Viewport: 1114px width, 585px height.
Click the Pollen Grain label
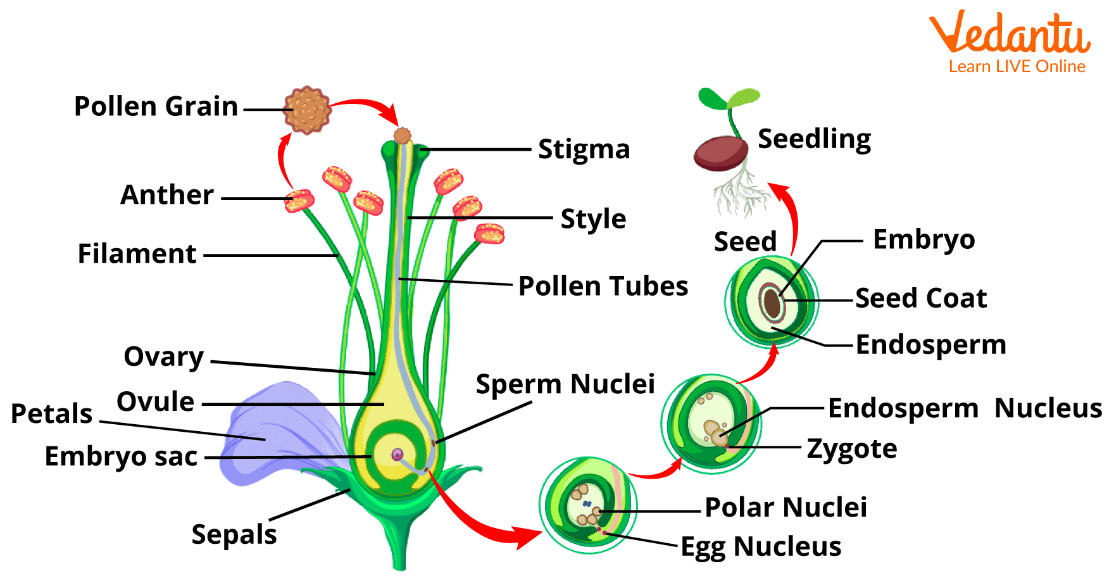[156, 106]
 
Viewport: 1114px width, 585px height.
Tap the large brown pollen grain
[308, 110]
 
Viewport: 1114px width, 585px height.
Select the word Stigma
[584, 149]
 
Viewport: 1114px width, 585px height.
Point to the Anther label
[167, 195]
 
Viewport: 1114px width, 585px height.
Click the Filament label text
[137, 254]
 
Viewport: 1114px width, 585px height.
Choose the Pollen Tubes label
[603, 286]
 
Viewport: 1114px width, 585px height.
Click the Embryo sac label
[121, 456]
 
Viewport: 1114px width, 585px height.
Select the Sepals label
[234, 534]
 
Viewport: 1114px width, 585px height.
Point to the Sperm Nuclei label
[565, 384]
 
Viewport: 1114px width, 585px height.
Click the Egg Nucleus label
[761, 546]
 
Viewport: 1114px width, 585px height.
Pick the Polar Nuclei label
[785, 507]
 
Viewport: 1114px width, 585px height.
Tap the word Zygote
[852, 449]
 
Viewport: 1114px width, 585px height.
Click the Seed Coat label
[921, 298]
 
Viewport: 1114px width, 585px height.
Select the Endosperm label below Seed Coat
[930, 345]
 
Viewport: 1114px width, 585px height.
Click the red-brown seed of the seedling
[720, 153]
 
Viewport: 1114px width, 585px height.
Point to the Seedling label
[814, 139]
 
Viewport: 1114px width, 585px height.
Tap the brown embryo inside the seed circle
[772, 303]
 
